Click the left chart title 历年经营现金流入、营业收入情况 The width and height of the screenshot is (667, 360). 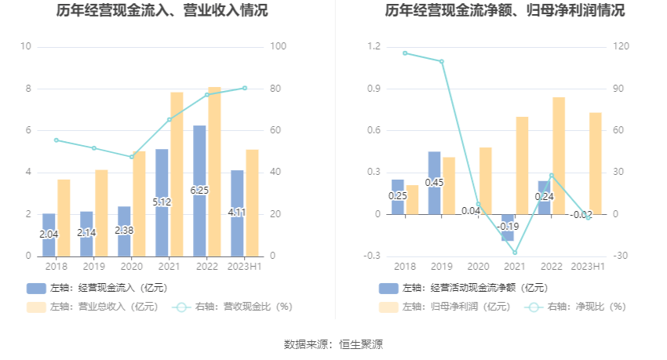(162, 11)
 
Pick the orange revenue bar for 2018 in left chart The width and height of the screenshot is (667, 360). (64, 217)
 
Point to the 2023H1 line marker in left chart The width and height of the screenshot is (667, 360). (245, 88)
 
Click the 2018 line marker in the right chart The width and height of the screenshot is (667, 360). (405, 53)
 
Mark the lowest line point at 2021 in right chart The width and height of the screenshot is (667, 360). (515, 253)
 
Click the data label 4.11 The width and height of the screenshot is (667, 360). (238, 213)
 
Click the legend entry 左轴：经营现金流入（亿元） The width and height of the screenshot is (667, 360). (97, 288)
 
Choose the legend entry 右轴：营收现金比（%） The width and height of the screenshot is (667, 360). (233, 307)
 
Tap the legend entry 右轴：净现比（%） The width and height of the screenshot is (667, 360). (576, 307)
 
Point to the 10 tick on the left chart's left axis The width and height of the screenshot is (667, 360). (26, 47)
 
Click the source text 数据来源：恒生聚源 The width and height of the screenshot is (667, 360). (333, 344)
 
